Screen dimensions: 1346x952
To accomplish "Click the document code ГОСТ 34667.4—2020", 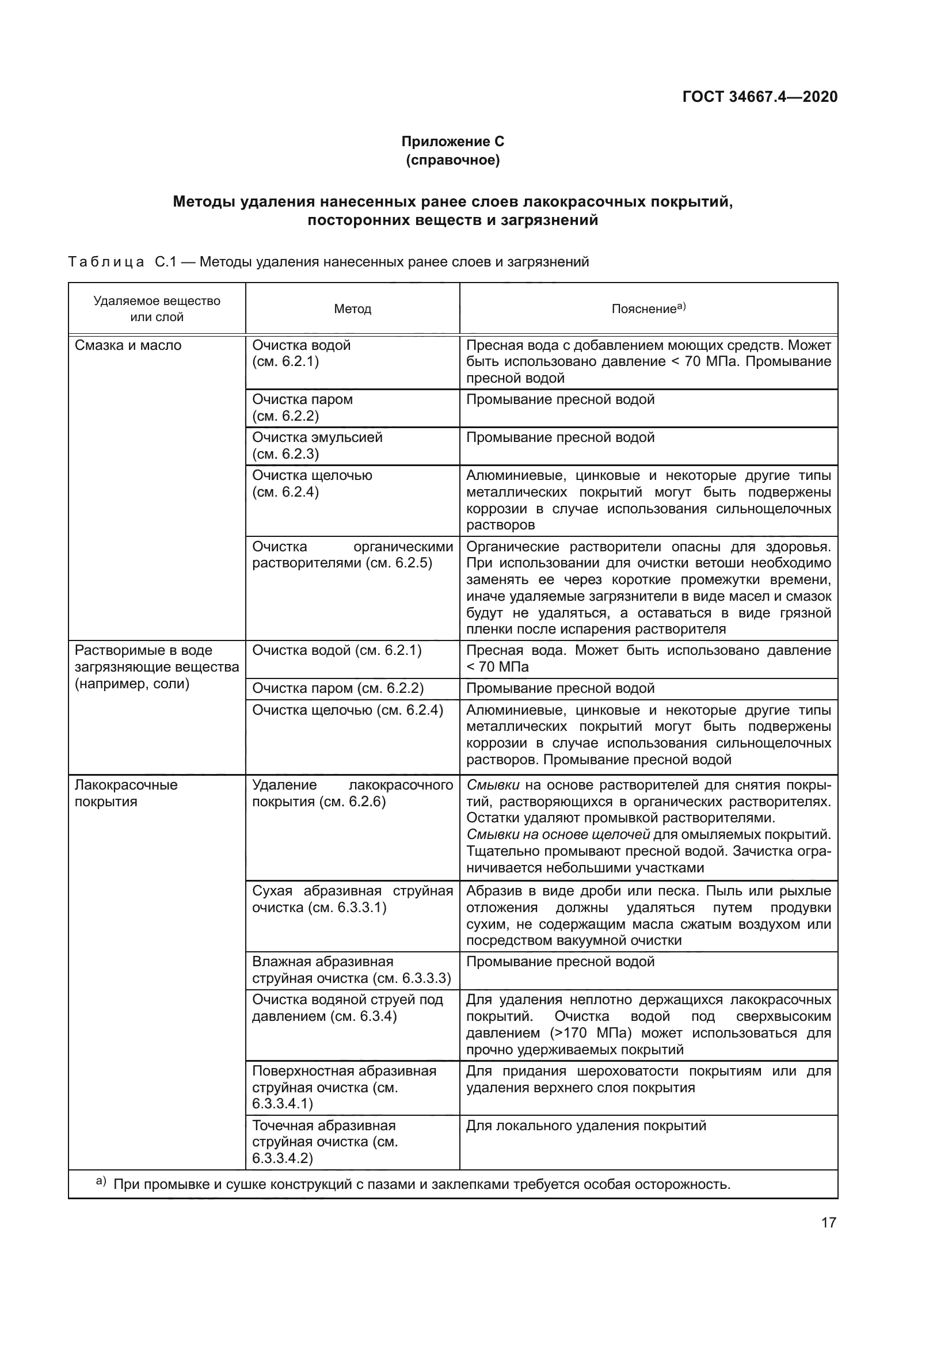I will (760, 97).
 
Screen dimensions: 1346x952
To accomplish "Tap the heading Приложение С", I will (452, 142).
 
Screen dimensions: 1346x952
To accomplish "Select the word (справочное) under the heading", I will (452, 160).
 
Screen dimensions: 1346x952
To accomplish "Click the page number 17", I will (828, 1222).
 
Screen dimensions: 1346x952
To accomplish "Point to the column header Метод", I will (352, 309).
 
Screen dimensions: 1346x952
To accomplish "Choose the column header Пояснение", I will (648, 308).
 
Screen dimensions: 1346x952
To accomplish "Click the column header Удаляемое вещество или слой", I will (157, 309).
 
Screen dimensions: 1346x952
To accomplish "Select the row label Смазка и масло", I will (128, 345).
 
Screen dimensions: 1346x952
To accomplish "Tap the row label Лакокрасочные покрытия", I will (126, 792).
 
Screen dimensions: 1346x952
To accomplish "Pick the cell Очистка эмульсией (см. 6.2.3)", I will (317, 445).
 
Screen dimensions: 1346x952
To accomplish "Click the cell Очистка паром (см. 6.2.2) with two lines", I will (303, 407).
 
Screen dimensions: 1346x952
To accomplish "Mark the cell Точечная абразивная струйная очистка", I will (325, 1141).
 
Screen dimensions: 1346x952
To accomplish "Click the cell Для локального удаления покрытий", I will (585, 1125).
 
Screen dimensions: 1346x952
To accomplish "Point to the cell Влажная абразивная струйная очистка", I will (351, 970).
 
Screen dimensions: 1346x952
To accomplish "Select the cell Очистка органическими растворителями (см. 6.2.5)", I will (352, 555).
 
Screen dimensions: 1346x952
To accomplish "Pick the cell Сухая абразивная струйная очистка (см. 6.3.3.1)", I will (352, 899).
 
